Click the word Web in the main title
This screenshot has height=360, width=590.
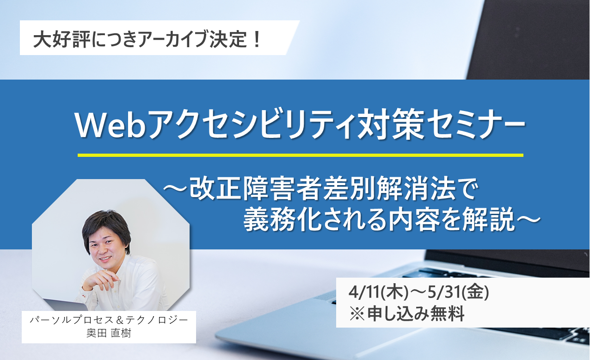(x=111, y=124)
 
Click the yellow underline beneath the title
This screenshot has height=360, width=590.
(x=300, y=155)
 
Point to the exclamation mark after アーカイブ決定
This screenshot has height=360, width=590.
(x=256, y=38)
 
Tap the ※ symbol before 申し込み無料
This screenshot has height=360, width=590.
(x=357, y=314)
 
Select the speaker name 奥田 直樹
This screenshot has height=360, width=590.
(x=109, y=333)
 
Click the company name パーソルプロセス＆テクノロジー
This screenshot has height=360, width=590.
(x=109, y=320)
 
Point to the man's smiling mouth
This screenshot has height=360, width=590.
(x=105, y=259)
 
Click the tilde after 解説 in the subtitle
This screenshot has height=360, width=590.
(x=528, y=219)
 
